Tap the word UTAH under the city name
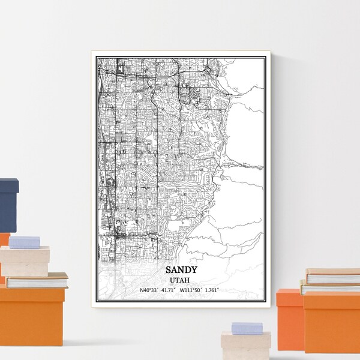coord(181,280)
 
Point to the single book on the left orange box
coord(37,280)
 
